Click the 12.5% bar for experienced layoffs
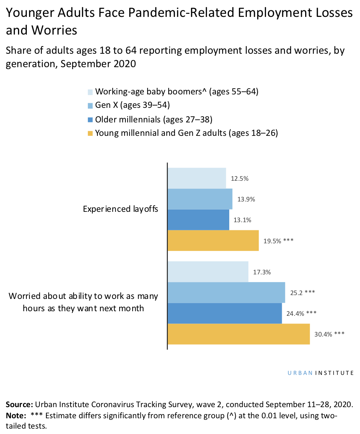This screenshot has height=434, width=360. click(x=197, y=178)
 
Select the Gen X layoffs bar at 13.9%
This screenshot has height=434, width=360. click(x=200, y=199)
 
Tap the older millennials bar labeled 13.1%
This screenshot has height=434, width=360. click(x=198, y=219)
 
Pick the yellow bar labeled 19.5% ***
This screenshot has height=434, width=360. click(x=213, y=240)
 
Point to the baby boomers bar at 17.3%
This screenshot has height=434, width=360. click(x=208, y=272)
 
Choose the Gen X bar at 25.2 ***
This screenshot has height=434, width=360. click(x=226, y=292)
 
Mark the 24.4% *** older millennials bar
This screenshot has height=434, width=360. click(x=225, y=313)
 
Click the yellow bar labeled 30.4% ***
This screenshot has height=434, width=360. click(x=238, y=334)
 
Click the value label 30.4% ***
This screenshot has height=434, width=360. click(x=329, y=334)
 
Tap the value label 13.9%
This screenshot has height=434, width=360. click(x=246, y=199)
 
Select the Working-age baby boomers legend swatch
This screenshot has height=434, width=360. click(x=90, y=92)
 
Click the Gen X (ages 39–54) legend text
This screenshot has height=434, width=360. click(x=132, y=105)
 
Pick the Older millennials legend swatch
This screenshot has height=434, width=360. click(x=90, y=119)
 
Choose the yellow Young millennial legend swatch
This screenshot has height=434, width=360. click(x=90, y=134)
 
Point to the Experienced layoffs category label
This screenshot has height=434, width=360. click(x=120, y=209)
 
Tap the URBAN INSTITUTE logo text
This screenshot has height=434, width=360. click(x=321, y=373)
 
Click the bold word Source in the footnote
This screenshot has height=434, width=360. click(x=19, y=404)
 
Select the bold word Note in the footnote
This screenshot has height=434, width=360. click(x=15, y=416)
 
